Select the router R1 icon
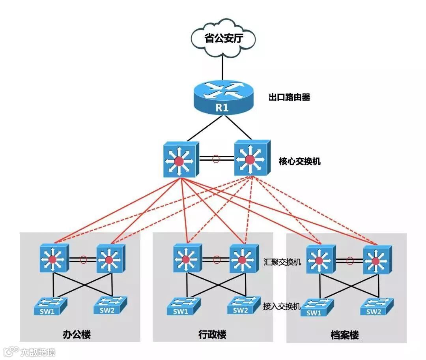[222, 97]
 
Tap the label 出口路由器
[289, 97]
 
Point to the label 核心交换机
[299, 161]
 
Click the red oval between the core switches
[215, 159]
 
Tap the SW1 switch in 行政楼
[183, 306]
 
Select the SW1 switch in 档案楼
[317, 308]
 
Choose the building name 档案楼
[345, 336]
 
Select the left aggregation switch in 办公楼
[54, 259]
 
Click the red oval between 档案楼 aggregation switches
[349, 261]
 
